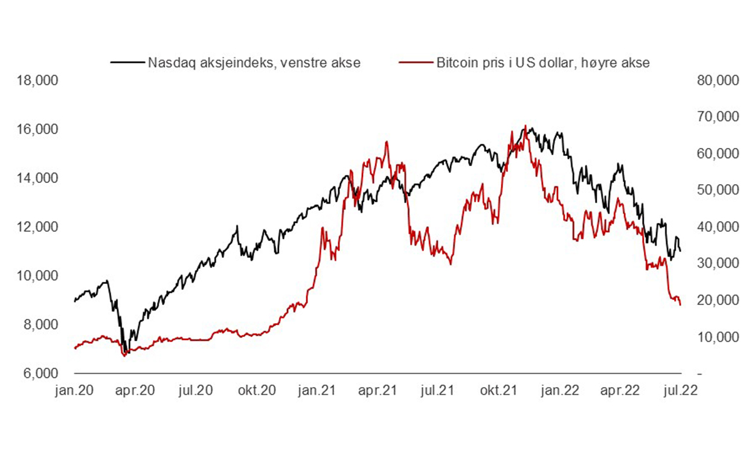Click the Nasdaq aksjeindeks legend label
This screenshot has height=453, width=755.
coord(254,63)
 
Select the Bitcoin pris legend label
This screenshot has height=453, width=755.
coord(543,63)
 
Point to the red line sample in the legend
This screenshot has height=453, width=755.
coord(417,63)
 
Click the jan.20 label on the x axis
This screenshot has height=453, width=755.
coord(75,390)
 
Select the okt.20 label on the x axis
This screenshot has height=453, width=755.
coord(257,390)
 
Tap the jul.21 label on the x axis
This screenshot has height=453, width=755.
coord(438,390)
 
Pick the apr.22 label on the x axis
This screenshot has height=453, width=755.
coord(620,390)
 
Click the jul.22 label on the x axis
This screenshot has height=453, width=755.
coord(680,390)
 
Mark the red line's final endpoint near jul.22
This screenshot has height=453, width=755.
coord(681,305)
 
